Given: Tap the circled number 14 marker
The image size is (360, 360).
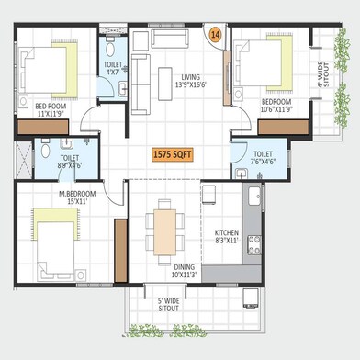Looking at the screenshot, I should [216, 34].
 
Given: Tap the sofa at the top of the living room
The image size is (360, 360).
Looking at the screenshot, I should [165, 40].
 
